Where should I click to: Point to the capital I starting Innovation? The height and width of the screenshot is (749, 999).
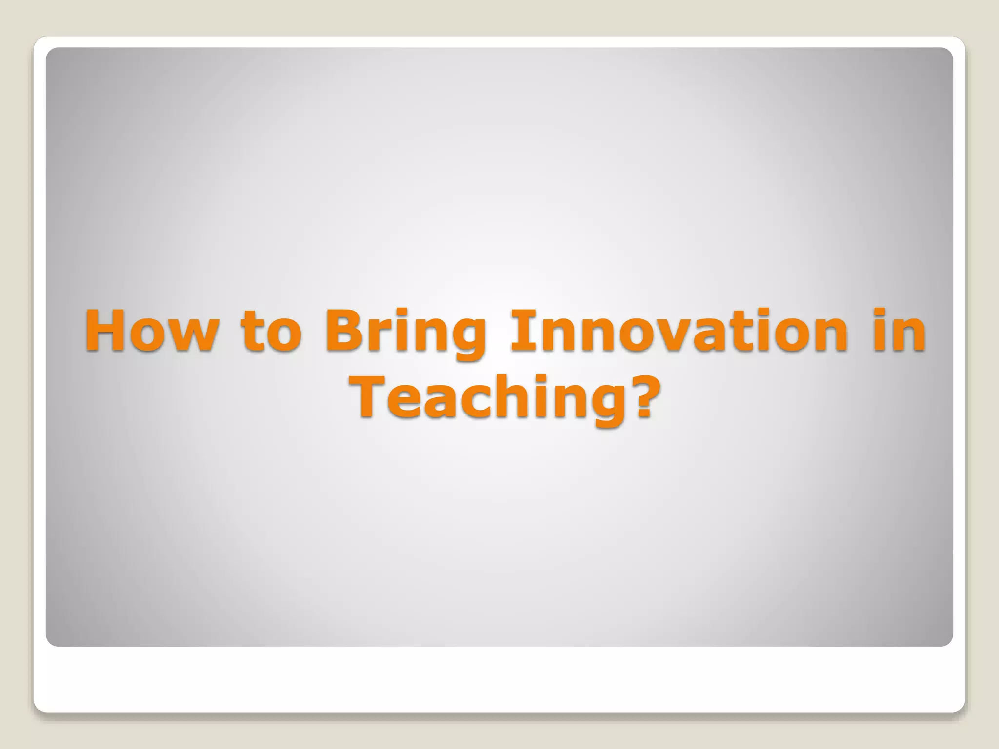point(518,330)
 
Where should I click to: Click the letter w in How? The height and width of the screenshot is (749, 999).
point(190,336)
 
